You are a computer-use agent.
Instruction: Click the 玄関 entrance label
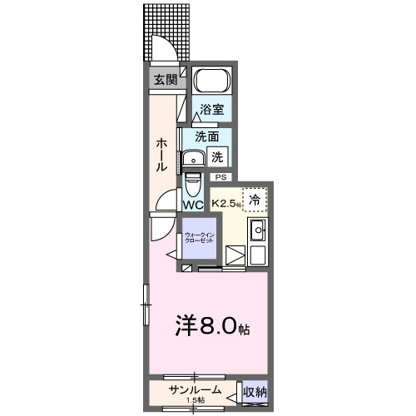point(165,80)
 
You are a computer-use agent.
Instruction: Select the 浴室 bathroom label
point(211,109)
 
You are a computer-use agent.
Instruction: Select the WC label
point(192,205)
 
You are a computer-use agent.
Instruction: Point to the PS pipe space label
point(221,177)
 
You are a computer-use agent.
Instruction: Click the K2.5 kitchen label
point(225,203)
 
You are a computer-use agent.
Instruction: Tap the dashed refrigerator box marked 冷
point(255,200)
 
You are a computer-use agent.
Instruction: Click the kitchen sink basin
point(257,231)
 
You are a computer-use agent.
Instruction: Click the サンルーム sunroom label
point(195,390)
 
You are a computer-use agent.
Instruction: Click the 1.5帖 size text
point(196,401)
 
